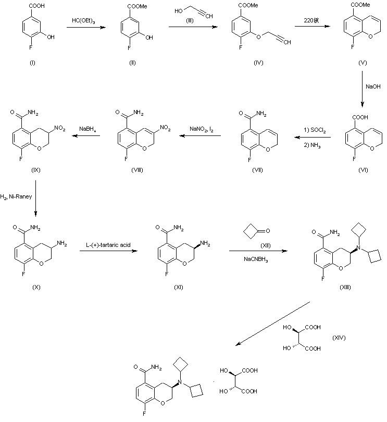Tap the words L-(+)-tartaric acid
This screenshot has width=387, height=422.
pos(106,244)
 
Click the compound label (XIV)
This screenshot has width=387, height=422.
pos(340,339)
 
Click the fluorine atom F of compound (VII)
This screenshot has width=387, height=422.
pos(241,160)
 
